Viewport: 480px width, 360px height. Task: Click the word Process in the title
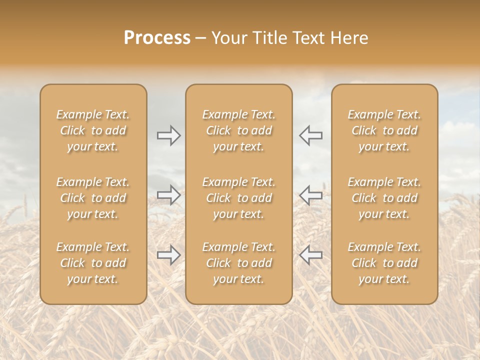[157, 38]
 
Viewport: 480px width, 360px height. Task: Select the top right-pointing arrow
[168, 135]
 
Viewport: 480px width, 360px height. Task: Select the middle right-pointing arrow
[168, 195]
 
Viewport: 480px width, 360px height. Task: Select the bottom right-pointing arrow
[168, 255]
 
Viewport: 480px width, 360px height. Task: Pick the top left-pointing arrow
[311, 135]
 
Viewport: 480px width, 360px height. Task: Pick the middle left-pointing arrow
[311, 195]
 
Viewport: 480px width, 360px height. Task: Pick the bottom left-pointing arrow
[311, 255]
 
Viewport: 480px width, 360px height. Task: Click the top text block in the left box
[93, 130]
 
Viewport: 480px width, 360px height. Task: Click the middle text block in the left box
[93, 198]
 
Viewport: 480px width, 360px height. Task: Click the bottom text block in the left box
[93, 263]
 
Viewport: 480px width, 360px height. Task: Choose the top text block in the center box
[238, 130]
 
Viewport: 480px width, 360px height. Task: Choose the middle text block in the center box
[238, 198]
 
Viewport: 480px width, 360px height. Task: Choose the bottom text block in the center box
[238, 263]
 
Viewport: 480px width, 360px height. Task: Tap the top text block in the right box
[384, 130]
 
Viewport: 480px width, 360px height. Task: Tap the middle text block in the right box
[384, 198]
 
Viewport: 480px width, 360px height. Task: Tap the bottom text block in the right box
[384, 263]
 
